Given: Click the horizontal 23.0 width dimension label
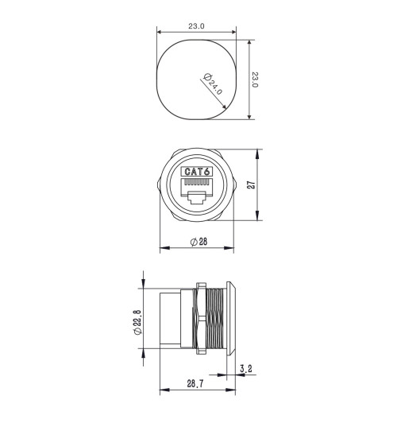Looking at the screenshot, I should (x=196, y=25).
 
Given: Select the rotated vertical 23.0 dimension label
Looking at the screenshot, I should (x=255, y=80).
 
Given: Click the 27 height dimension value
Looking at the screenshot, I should (x=251, y=184).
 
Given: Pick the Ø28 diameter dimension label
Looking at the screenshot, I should (x=199, y=243).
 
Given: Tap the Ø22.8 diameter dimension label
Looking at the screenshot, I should (x=137, y=322).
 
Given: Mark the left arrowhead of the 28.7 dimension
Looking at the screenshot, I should (x=164, y=390).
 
